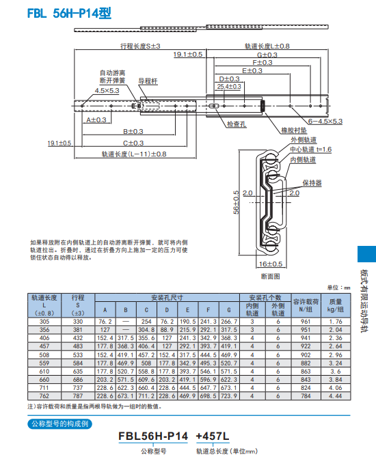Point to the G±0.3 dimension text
point(267,54)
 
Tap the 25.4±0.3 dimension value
point(228,87)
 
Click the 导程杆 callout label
point(148,81)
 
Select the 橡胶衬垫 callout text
point(293,129)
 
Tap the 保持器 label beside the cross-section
point(312,184)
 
